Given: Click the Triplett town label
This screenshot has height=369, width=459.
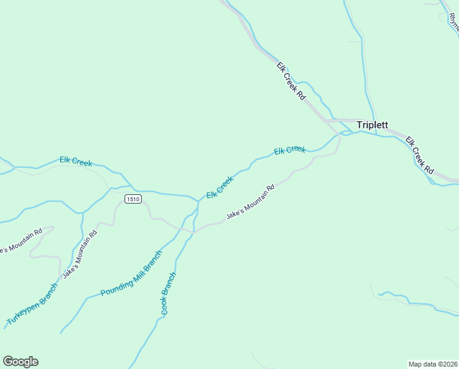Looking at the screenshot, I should pyautogui.click(x=372, y=125).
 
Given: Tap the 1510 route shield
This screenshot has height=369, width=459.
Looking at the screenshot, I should pyautogui.click(x=133, y=199).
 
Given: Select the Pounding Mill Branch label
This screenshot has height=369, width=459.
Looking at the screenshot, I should pyautogui.click(x=132, y=272).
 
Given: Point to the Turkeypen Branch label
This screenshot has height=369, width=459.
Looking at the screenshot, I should pyautogui.click(x=32, y=304).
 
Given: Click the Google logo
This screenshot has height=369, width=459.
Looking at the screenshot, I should pyautogui.click(x=20, y=362).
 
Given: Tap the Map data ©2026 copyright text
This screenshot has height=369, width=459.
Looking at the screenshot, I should pyautogui.click(x=433, y=363).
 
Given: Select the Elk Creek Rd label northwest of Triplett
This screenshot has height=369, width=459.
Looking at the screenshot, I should pyautogui.click(x=291, y=81).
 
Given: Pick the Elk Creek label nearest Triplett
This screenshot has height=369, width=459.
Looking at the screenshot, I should pyautogui.click(x=290, y=149).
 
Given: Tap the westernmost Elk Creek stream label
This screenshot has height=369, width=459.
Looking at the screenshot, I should pyautogui.click(x=75, y=161).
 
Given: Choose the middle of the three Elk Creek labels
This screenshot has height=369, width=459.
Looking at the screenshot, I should pyautogui.click(x=220, y=188).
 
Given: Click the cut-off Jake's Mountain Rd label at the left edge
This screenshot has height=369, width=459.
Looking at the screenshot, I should pyautogui.click(x=21, y=241).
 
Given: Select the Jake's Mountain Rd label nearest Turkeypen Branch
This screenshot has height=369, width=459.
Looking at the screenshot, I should pyautogui.click(x=80, y=254).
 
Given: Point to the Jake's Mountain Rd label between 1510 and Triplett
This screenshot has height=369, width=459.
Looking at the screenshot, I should pyautogui.click(x=250, y=202).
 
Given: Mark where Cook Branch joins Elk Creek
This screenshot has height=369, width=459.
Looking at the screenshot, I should pyautogui.click(x=197, y=202).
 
